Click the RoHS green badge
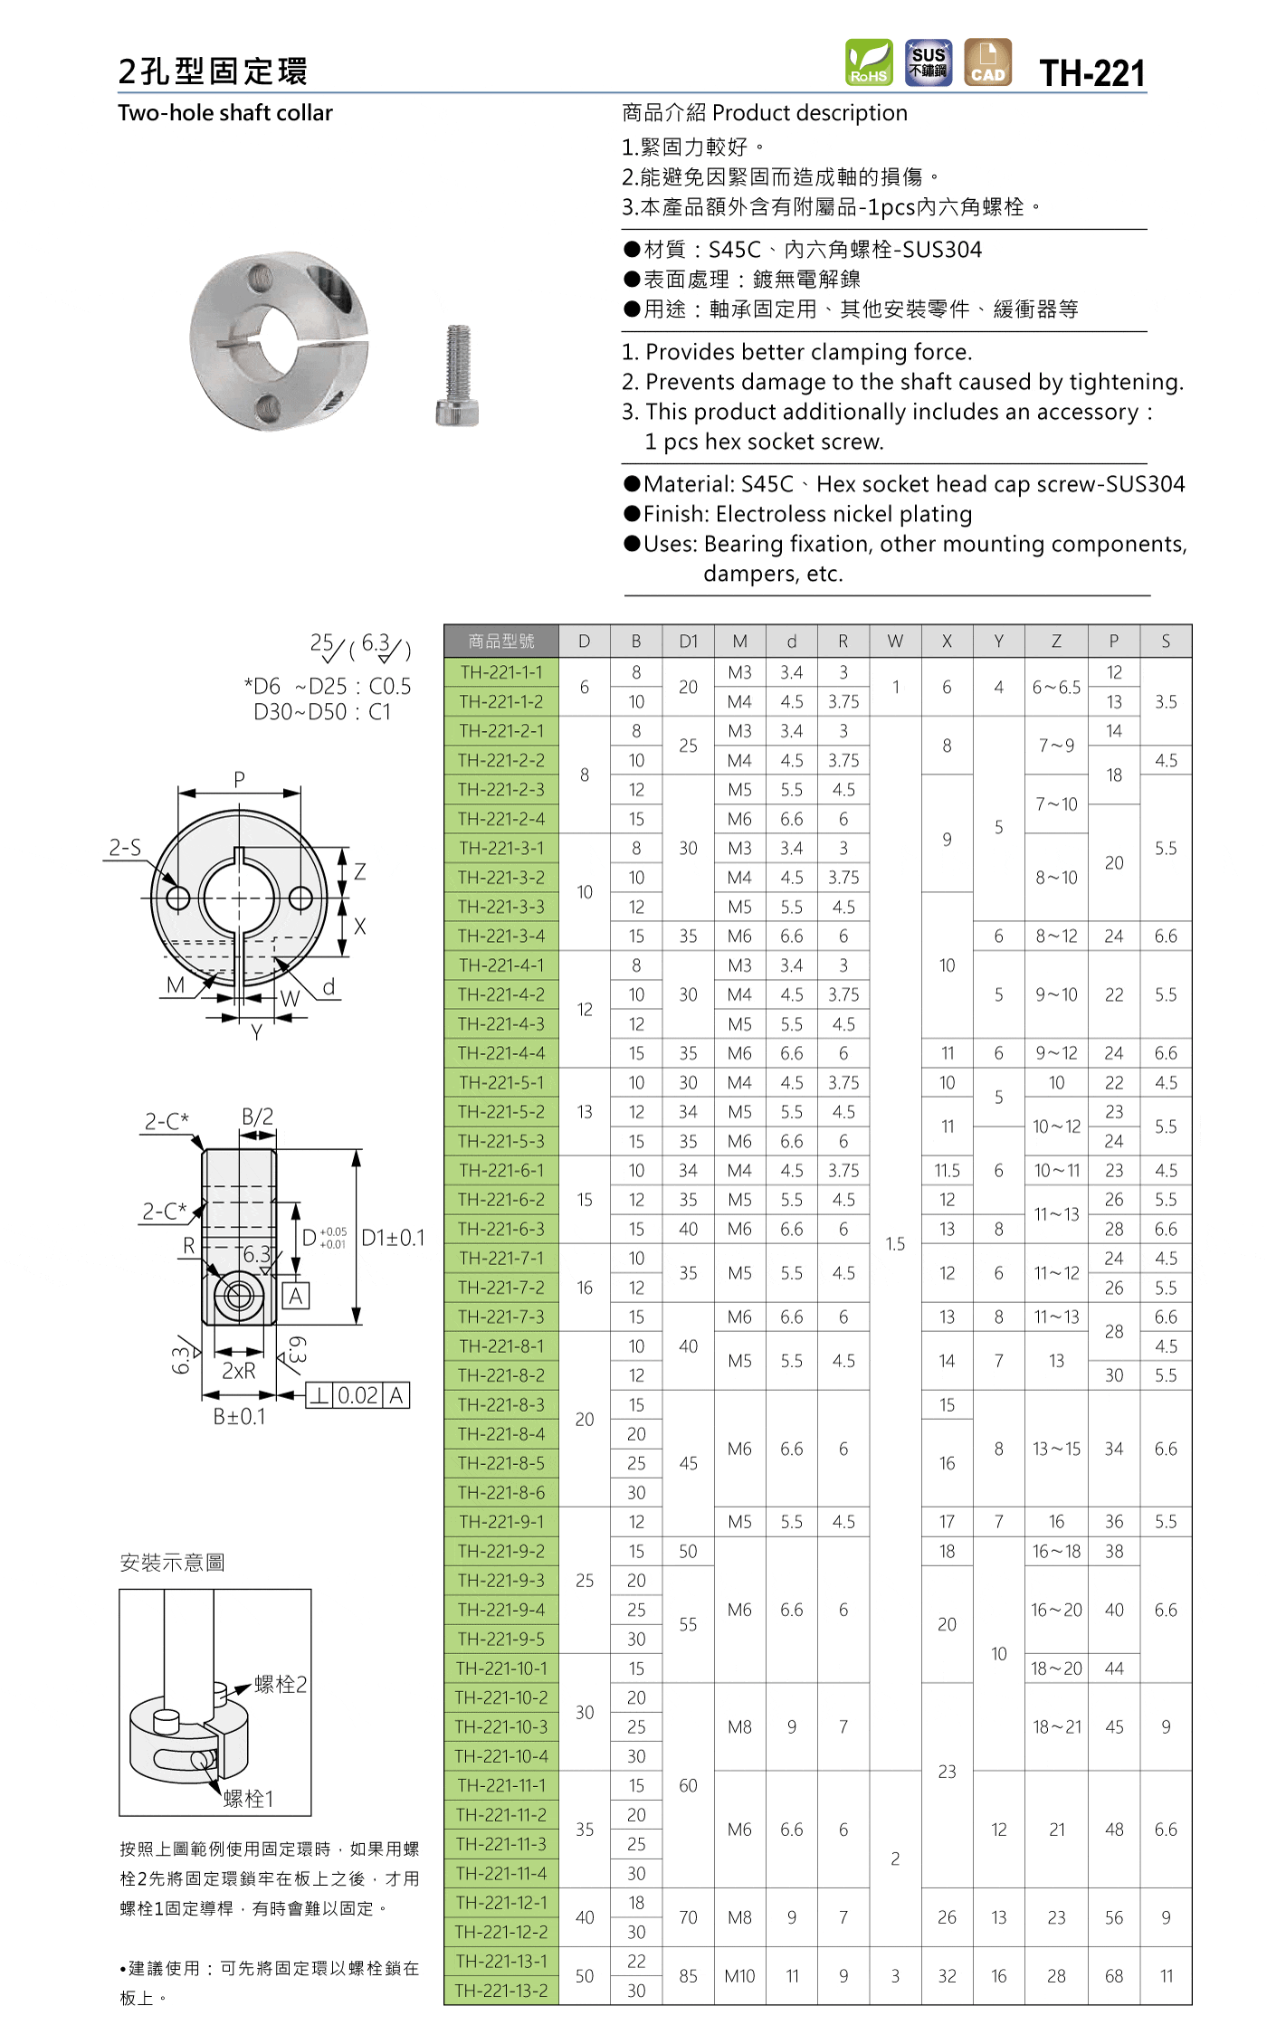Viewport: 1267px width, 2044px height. click(x=868, y=62)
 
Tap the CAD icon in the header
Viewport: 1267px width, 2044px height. click(x=987, y=62)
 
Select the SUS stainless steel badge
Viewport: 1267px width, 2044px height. click(x=928, y=62)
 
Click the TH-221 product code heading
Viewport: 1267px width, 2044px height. click(x=1091, y=73)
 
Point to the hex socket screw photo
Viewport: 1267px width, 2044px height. click(x=458, y=376)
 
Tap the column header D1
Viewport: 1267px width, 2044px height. click(x=688, y=642)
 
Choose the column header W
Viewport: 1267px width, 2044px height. click(x=894, y=642)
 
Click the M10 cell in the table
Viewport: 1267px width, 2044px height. click(x=739, y=1976)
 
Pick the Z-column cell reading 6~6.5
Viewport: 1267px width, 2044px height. click(x=1055, y=687)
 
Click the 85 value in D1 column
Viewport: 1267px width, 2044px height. click(x=688, y=1976)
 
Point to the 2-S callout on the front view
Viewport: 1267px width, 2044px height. click(x=125, y=848)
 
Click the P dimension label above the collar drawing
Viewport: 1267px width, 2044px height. click(x=239, y=779)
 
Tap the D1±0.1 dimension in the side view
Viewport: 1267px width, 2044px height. click(x=393, y=1238)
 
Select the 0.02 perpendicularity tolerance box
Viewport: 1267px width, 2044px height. click(x=357, y=1395)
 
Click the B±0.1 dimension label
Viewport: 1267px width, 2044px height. click(x=239, y=1417)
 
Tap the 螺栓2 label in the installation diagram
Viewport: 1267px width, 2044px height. click(x=281, y=1684)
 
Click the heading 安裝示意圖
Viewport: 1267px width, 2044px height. click(x=172, y=1563)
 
